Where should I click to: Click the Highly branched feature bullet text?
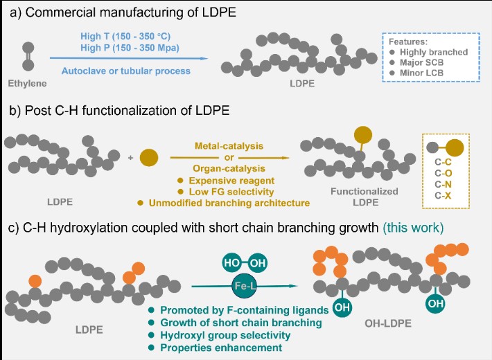pos(434,52)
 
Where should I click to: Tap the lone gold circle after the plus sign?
pos(148,157)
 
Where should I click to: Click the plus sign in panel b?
pos(130,158)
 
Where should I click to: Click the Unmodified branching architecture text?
pos(225,202)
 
